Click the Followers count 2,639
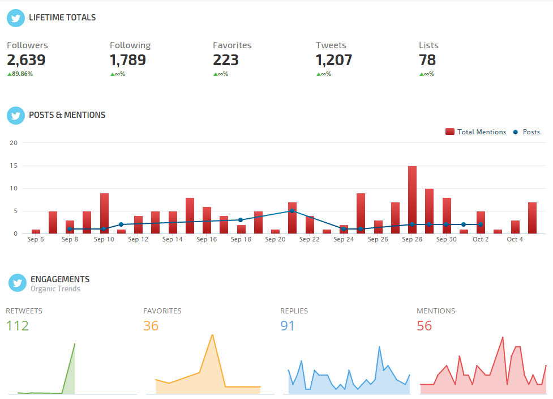(x=26, y=60)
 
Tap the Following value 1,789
(x=128, y=60)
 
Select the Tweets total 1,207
(x=334, y=60)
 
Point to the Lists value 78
(x=427, y=60)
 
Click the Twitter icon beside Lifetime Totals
(x=16, y=18)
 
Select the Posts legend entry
(x=526, y=132)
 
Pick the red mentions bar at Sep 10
(x=104, y=213)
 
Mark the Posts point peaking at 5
(x=292, y=211)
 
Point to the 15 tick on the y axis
(x=14, y=165)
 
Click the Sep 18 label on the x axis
(x=241, y=240)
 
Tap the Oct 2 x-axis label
(x=481, y=240)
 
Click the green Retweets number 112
(x=17, y=326)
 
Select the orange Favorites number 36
(x=151, y=326)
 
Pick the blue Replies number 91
(x=288, y=326)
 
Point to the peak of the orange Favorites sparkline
(x=212, y=335)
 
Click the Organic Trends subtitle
(x=55, y=289)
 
